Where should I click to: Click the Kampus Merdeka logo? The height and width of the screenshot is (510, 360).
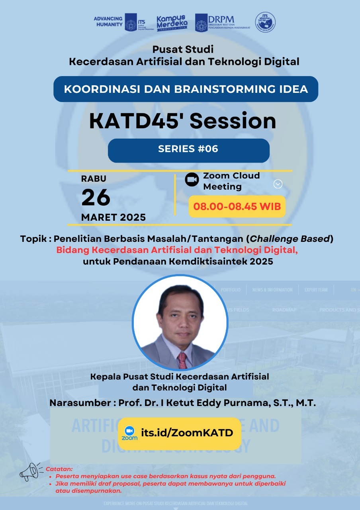[171, 22]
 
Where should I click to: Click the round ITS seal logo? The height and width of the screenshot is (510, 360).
[265, 22]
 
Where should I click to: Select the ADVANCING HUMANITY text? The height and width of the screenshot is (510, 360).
[108, 22]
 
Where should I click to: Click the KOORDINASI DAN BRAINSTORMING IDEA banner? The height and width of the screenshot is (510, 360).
[186, 89]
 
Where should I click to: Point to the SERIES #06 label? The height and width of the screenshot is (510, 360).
[188, 149]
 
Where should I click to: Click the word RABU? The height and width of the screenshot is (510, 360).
[94, 178]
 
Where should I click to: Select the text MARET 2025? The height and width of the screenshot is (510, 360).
[113, 218]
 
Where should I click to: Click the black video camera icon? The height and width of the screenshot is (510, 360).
[192, 180]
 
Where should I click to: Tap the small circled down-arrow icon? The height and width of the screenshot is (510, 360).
[278, 184]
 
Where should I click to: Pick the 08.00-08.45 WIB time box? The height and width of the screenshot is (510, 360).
[237, 206]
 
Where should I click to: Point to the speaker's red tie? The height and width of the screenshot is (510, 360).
[182, 360]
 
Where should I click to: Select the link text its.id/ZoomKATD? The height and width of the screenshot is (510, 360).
[187, 433]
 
